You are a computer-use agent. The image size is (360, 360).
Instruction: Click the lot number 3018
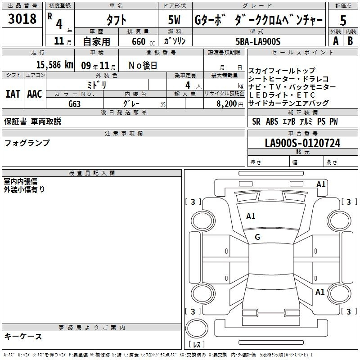(22, 19)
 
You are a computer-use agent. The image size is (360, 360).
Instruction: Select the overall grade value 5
(343, 20)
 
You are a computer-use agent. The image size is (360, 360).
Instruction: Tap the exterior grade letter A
(336, 41)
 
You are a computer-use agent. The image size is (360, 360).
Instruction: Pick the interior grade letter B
(350, 41)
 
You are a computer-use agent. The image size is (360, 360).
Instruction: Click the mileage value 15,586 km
(54, 65)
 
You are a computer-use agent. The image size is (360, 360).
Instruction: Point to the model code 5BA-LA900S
(258, 41)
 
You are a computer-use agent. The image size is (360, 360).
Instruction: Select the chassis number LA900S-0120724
(302, 143)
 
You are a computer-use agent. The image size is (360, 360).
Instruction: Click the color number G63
(75, 104)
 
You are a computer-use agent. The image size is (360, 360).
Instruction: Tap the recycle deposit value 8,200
(227, 104)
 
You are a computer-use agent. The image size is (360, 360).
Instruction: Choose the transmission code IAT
(13, 94)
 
